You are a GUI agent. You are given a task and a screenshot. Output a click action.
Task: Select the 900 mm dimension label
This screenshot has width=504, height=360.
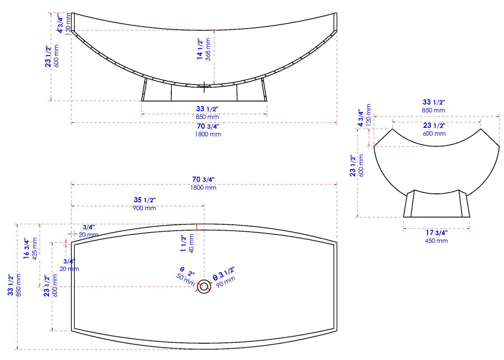pos(144,208)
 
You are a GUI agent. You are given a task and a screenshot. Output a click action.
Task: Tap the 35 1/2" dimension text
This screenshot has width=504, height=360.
pos(145,200)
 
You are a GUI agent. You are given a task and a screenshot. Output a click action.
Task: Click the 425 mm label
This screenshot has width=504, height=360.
pos(34,249)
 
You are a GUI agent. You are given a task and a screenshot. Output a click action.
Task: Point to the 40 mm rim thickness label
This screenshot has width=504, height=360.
pos(191,242)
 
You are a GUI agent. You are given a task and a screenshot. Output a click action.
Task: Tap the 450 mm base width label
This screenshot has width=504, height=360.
pos(436,241)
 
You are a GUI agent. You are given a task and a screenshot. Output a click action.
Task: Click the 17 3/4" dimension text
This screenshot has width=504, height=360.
pos(436,233)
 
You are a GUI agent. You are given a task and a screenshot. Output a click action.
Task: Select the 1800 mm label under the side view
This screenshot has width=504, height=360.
pos(208,134)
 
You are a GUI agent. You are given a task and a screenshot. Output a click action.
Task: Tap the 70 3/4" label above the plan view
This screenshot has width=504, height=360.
pos(203,179)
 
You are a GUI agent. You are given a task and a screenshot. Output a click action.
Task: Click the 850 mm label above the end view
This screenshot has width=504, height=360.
pos(433,110)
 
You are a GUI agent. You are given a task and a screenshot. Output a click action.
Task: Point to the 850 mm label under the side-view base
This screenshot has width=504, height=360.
pos(207,117)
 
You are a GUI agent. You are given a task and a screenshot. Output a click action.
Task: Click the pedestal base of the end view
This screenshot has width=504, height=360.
pos(437,204)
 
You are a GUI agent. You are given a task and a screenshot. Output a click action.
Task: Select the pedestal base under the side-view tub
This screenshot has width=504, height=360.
pos(204,93)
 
